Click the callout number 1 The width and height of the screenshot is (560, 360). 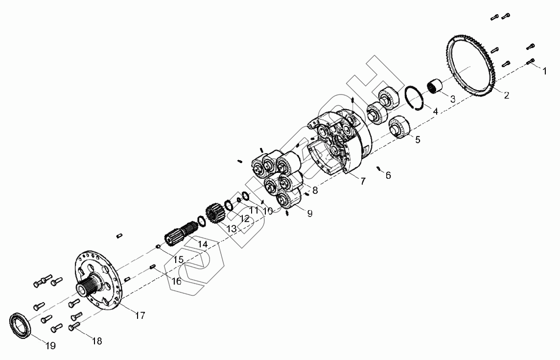(x=544, y=71)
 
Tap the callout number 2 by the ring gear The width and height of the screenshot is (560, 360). (x=507, y=95)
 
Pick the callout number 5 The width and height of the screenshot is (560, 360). (x=418, y=139)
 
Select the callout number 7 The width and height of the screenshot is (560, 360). (x=363, y=181)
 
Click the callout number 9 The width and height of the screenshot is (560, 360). (x=310, y=214)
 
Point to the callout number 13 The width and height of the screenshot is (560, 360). (x=232, y=229)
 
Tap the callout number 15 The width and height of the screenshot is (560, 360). (x=178, y=260)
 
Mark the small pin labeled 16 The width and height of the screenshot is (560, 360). (x=153, y=266)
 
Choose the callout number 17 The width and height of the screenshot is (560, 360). (x=140, y=315)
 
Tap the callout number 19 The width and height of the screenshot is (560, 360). (x=51, y=346)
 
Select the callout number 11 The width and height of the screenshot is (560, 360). (x=254, y=210)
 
